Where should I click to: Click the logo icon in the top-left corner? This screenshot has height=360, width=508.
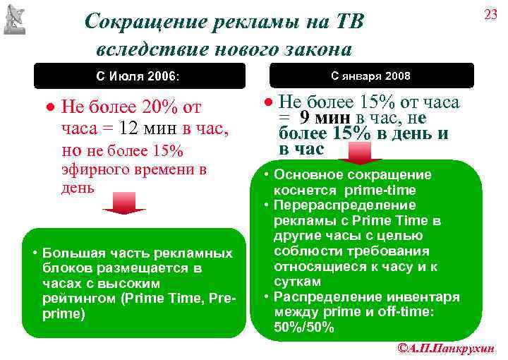point(14,19)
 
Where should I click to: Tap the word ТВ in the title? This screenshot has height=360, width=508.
point(346,22)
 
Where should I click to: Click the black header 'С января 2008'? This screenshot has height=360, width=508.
point(370,76)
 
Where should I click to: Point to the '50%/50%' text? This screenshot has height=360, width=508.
point(304,328)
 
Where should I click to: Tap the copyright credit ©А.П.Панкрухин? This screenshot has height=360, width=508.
point(446,348)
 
